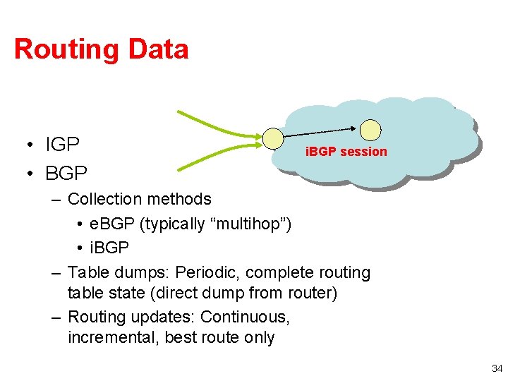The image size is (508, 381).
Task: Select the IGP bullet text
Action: [x=63, y=145]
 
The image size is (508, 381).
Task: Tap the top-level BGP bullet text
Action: [x=66, y=172]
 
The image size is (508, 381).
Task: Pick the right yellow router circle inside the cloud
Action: [x=370, y=130]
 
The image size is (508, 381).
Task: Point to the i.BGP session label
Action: [x=346, y=151]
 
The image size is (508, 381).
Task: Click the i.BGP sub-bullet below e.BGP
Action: [x=109, y=248]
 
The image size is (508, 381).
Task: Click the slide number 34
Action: [x=497, y=368]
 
